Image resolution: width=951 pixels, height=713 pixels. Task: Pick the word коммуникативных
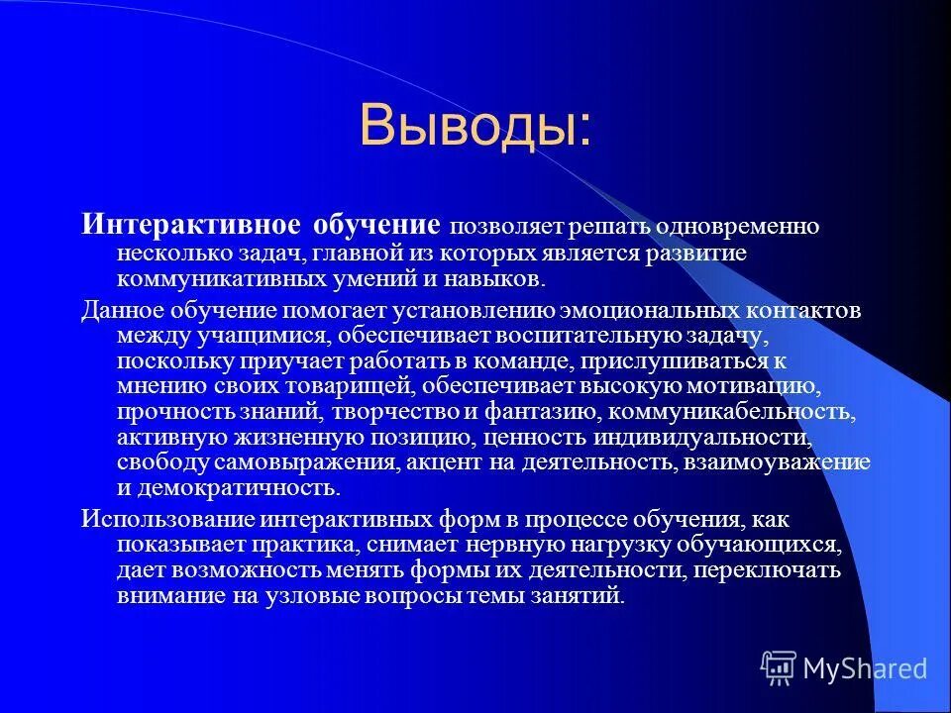pyautogui.click(x=222, y=279)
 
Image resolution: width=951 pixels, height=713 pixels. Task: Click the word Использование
pyautogui.click(x=169, y=519)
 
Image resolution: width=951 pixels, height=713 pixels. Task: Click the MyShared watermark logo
pyautogui.click(x=844, y=668)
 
